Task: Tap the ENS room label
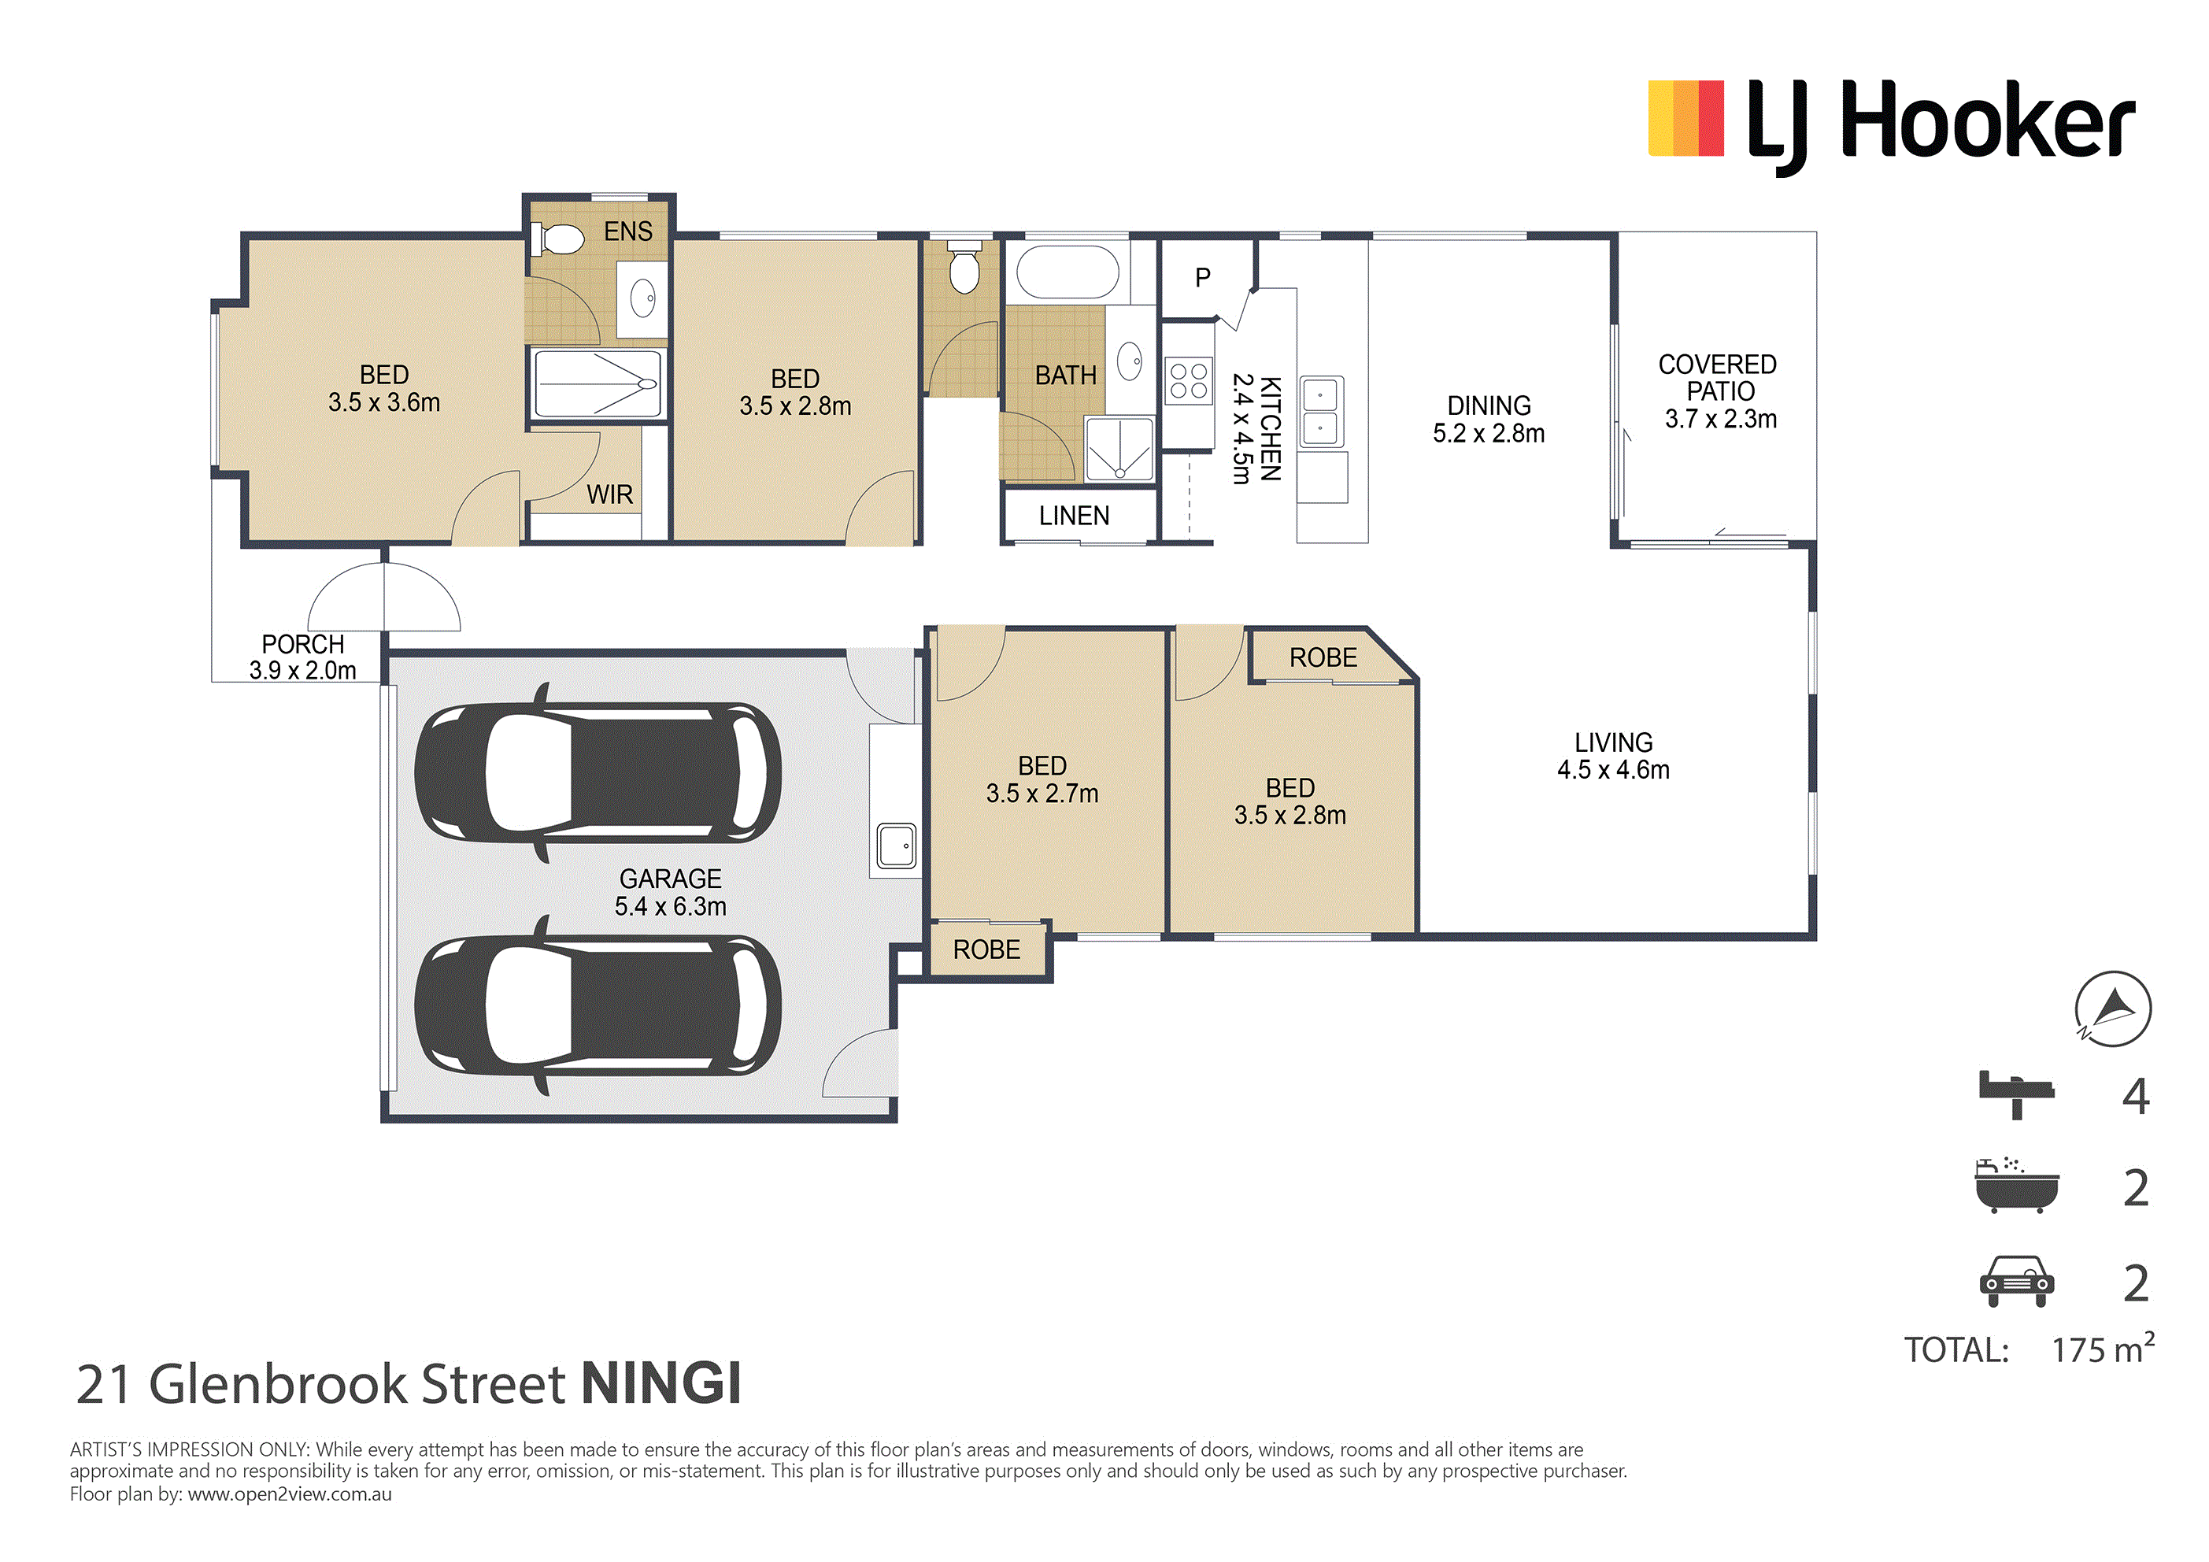(628, 232)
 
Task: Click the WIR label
(610, 494)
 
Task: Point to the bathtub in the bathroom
(1068, 272)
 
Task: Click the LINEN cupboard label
(1075, 516)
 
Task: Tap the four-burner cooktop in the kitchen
(1188, 380)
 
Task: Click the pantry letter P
(1203, 278)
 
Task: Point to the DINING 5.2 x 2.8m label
(1489, 420)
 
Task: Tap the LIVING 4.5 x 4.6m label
(1614, 757)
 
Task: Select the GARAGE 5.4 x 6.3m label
(671, 893)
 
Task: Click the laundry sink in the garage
(897, 847)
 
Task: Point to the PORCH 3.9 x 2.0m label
(303, 657)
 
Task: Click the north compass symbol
(2113, 1009)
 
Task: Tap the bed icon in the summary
(2017, 1095)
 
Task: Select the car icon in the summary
(2017, 1281)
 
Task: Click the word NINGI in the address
(661, 1384)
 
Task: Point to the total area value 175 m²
(2104, 1349)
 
